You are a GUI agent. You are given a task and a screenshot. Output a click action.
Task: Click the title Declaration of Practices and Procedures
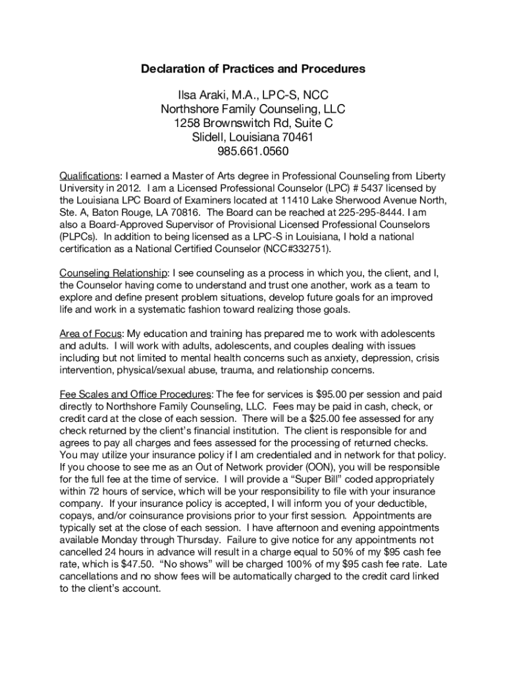tap(253, 69)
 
